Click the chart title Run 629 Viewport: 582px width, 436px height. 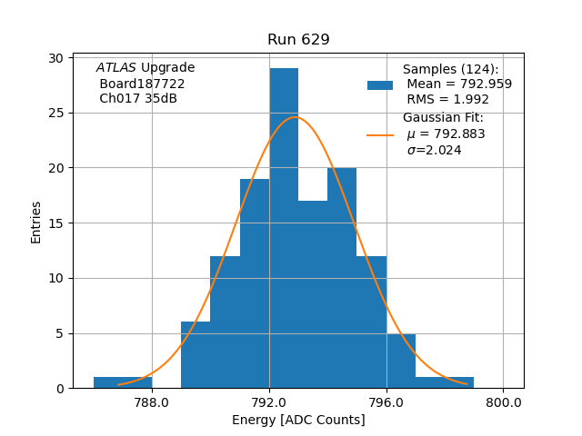pyautogui.click(x=298, y=40)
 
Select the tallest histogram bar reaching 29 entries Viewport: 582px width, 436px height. pyautogui.click(x=284, y=227)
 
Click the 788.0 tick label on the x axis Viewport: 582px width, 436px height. pyautogui.click(x=152, y=402)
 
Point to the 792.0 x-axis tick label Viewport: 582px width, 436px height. pyautogui.click(x=269, y=402)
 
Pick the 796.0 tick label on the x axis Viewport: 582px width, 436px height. pyautogui.click(x=386, y=402)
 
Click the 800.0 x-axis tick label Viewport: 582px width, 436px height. pyautogui.click(x=504, y=402)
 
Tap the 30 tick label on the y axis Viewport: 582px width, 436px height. pyautogui.click(x=56, y=58)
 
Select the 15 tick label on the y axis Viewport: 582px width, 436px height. pyautogui.click(x=56, y=223)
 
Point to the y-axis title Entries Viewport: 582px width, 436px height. pyautogui.click(x=36, y=223)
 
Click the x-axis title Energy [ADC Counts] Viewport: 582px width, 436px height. pyautogui.click(x=298, y=420)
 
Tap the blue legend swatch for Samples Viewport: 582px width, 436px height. pyautogui.click(x=380, y=84)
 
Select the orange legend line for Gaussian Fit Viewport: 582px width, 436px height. pyautogui.click(x=380, y=134)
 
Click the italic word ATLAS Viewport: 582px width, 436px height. pyautogui.click(x=115, y=68)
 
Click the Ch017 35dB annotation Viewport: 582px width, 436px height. pyautogui.click(x=138, y=98)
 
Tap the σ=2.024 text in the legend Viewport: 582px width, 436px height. pyautogui.click(x=434, y=150)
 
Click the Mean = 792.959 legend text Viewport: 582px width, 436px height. pyautogui.click(x=459, y=84)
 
